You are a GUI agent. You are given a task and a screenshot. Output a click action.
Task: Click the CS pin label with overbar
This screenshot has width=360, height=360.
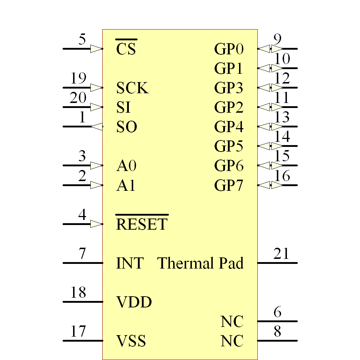[126, 48]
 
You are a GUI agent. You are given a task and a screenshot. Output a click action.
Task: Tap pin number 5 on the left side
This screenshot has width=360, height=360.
[82, 39]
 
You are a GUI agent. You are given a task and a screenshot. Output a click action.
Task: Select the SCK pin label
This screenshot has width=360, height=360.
[132, 88]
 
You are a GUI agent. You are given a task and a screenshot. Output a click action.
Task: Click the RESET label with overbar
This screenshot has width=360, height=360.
[142, 224]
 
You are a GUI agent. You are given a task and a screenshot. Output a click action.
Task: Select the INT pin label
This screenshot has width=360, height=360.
[130, 263]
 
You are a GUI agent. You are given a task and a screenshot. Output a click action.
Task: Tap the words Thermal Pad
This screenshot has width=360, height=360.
[201, 263]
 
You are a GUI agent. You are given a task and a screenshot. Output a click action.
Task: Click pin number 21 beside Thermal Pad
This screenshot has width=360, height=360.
[281, 254]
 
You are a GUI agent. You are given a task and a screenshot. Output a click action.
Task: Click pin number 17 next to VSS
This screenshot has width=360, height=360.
[78, 331]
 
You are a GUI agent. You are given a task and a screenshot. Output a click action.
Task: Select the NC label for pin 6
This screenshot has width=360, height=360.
[232, 321]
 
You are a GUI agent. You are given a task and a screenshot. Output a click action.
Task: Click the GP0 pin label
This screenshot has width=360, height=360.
[229, 49]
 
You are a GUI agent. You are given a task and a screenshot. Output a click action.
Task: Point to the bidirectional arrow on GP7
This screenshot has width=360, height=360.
[270, 185]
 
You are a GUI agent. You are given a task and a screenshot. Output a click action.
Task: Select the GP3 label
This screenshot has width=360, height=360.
[229, 88]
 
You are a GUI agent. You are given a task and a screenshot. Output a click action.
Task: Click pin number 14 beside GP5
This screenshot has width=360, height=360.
[282, 137]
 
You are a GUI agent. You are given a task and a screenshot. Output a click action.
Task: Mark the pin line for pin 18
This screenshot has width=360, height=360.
[82, 302]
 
